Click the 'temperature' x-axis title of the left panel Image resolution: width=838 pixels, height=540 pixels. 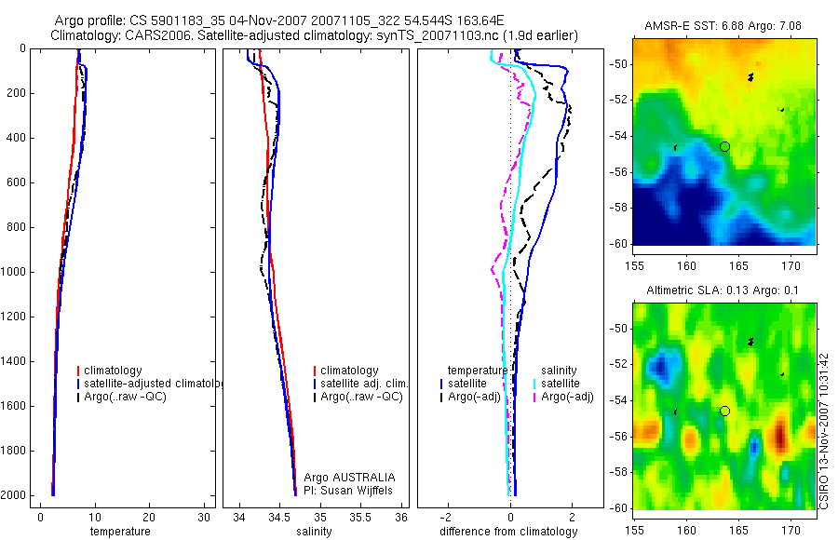[x=119, y=532]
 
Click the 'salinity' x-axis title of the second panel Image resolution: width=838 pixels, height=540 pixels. [x=315, y=532]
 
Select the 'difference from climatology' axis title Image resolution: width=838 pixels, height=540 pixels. [x=508, y=532]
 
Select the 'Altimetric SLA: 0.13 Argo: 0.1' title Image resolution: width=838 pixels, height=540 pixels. [x=723, y=292]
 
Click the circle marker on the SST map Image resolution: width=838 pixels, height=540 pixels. [x=725, y=146]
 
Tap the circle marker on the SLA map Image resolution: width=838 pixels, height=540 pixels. [x=725, y=411]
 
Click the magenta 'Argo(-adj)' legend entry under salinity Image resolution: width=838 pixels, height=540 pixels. [x=568, y=397]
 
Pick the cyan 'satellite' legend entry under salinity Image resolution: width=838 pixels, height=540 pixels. [x=561, y=384]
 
